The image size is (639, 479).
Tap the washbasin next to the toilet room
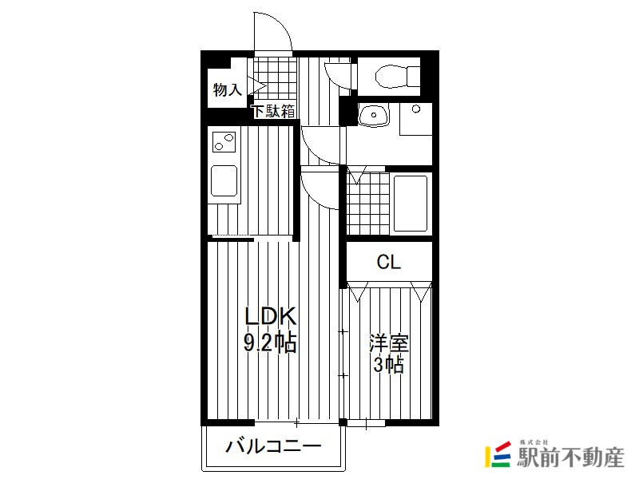[x=374, y=114]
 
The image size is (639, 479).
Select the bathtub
[x=411, y=204]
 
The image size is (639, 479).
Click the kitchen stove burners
[x=224, y=142]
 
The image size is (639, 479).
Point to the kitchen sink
[x=224, y=181]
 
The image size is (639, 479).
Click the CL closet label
[x=389, y=263]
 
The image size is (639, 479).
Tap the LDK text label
[x=270, y=316]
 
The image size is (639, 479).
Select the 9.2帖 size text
[x=270, y=342]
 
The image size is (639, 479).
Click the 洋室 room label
[x=388, y=343]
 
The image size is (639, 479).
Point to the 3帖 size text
[x=389, y=365]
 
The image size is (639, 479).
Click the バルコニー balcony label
[x=273, y=447]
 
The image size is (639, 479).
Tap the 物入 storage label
[x=228, y=89]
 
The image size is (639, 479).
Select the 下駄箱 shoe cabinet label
[x=273, y=111]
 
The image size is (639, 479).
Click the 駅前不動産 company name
[x=570, y=457]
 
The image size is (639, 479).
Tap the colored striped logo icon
[x=498, y=454]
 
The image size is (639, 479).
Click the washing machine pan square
[x=415, y=119]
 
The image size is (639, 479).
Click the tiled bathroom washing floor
[x=367, y=204]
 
